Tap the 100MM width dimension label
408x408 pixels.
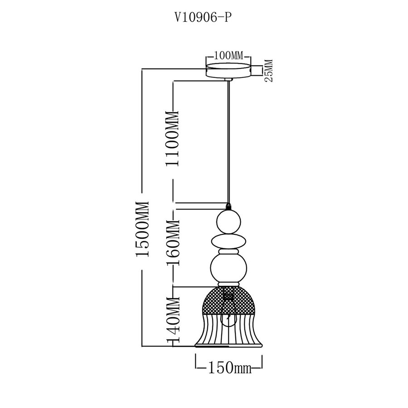coord(228,56)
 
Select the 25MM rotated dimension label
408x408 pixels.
coord(268,70)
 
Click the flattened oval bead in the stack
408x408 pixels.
coord(229,240)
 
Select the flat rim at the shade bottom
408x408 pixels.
coord(229,345)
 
